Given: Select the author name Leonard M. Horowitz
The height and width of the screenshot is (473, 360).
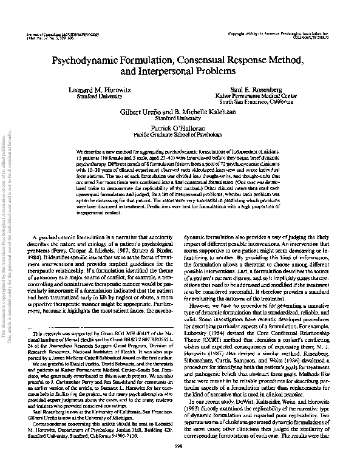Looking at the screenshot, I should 106,89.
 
